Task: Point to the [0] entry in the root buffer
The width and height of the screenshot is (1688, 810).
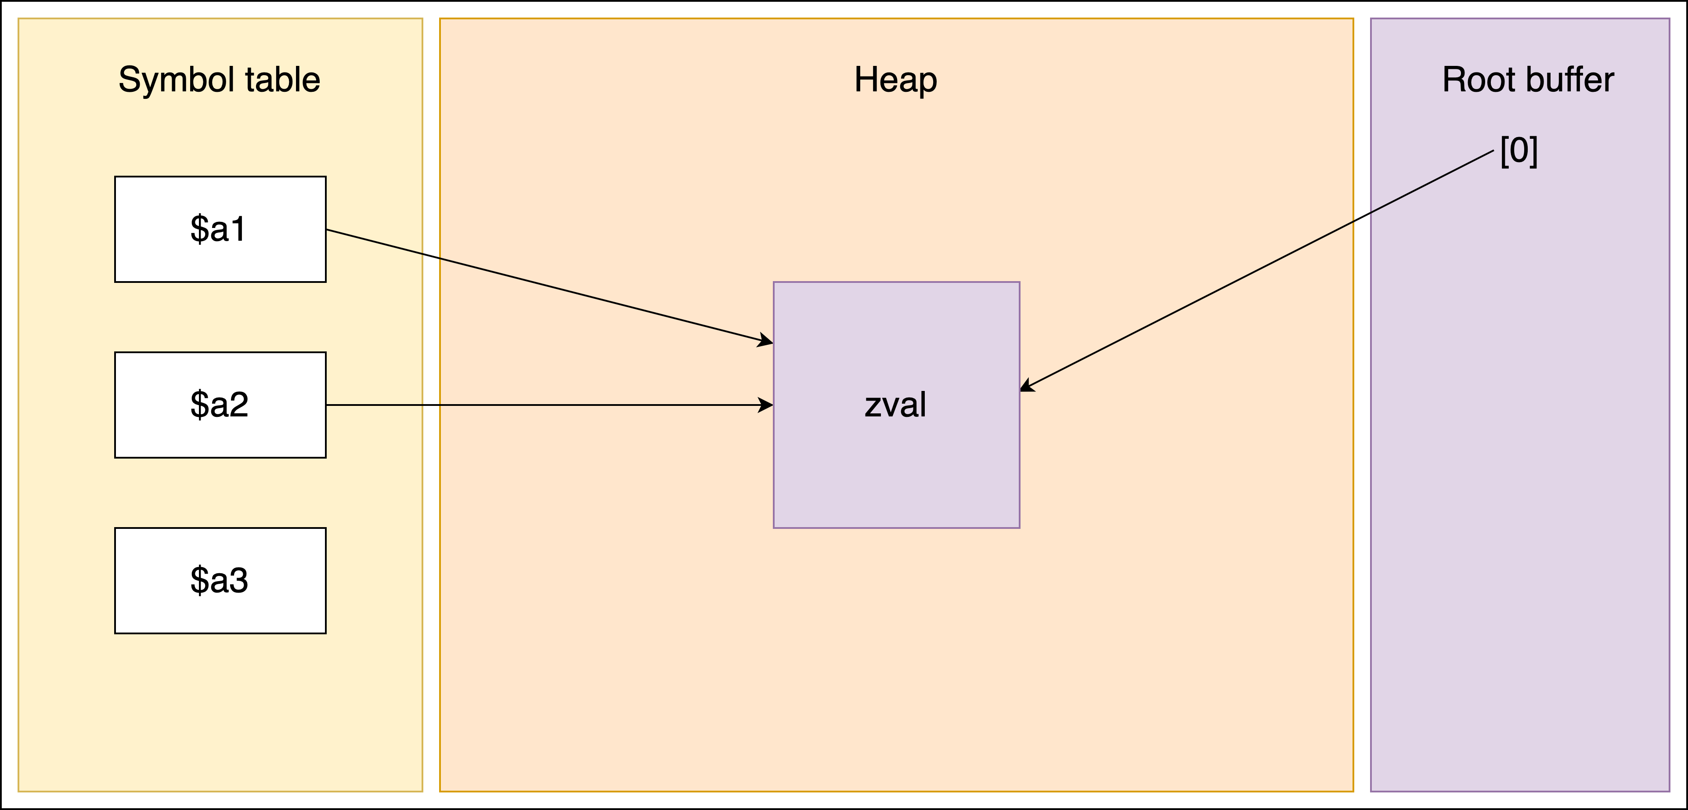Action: pos(1518,151)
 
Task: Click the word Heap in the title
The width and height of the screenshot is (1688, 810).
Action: pos(895,80)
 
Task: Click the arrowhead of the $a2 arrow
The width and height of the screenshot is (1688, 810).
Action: pos(767,405)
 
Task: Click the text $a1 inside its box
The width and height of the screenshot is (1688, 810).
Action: pos(218,229)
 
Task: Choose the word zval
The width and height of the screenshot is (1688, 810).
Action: pos(895,405)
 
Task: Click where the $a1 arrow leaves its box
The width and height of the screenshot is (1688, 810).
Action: pos(328,230)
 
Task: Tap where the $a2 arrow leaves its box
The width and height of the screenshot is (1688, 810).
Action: pos(328,405)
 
